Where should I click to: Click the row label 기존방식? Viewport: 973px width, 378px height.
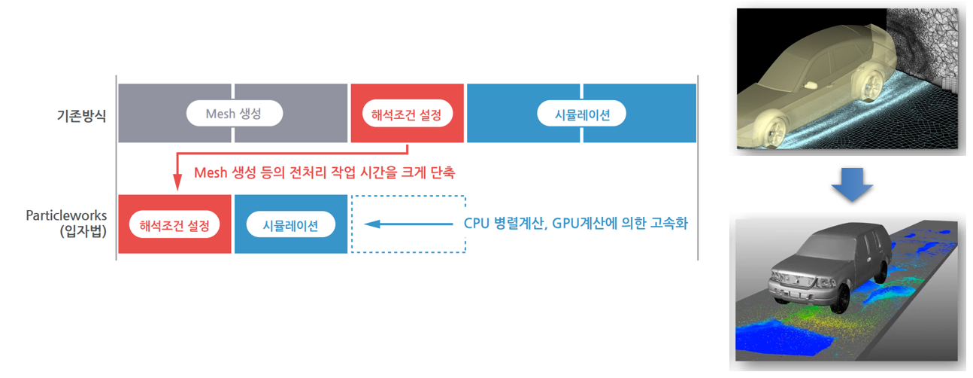click(x=80, y=116)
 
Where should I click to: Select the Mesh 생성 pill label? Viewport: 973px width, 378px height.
click(x=234, y=114)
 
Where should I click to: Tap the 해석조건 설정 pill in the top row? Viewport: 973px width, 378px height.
click(x=407, y=114)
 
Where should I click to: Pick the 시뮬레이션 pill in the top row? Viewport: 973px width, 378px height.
click(x=582, y=114)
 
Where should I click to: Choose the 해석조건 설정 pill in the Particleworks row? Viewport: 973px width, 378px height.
click(x=174, y=224)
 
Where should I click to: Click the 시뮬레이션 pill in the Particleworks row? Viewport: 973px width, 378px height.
click(x=290, y=224)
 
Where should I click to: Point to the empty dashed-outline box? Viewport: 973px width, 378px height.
click(x=408, y=224)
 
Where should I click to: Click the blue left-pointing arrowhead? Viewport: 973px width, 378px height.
click(x=371, y=224)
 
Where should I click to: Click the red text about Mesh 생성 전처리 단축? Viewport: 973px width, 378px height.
click(x=324, y=172)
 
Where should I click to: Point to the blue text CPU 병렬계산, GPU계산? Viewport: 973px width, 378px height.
click(x=575, y=224)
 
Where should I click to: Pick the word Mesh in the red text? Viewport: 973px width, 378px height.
click(x=210, y=172)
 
